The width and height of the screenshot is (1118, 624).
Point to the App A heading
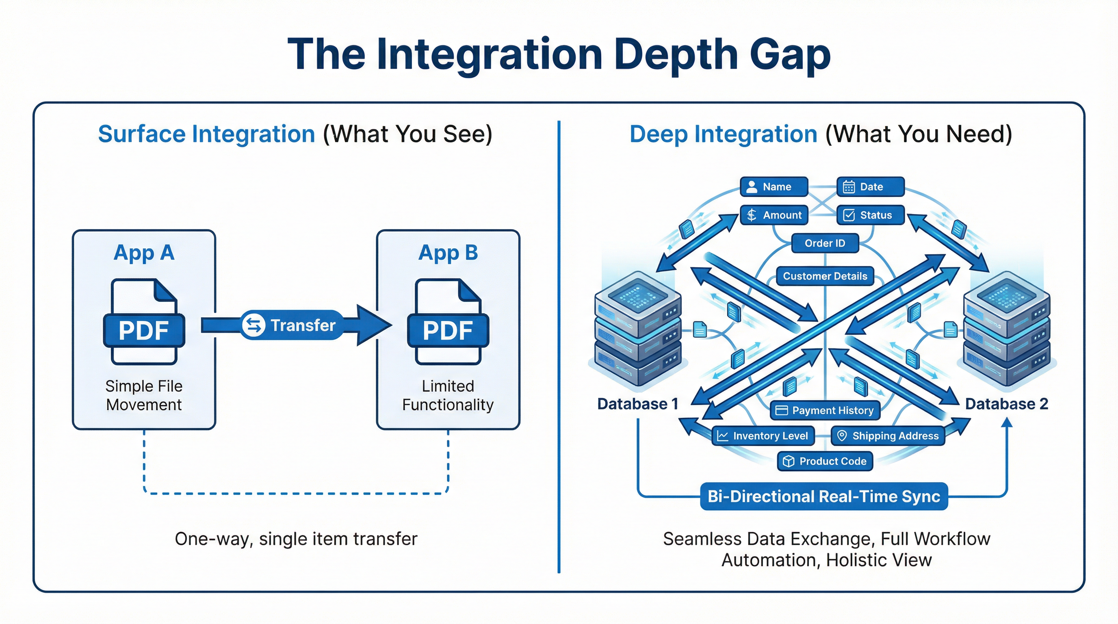[144, 253]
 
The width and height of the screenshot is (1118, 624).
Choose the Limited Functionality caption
[448, 395]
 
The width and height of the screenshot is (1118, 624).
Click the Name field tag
[774, 186]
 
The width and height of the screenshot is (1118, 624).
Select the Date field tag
[870, 186]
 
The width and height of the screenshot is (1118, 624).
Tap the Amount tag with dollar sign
[774, 215]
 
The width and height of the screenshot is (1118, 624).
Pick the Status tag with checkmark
[870, 215]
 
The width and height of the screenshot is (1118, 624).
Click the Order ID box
[825, 243]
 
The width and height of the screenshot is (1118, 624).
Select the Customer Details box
[825, 276]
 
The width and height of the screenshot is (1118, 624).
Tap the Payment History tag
[825, 410]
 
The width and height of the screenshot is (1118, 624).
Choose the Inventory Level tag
[763, 435]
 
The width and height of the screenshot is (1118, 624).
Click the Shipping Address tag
[888, 435]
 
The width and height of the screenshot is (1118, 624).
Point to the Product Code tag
[825, 461]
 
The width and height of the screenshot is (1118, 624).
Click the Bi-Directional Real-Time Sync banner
[824, 496]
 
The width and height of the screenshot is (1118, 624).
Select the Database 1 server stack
[637, 330]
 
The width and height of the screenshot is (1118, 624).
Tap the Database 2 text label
[1006, 404]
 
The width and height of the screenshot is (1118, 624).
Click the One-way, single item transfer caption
[296, 539]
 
